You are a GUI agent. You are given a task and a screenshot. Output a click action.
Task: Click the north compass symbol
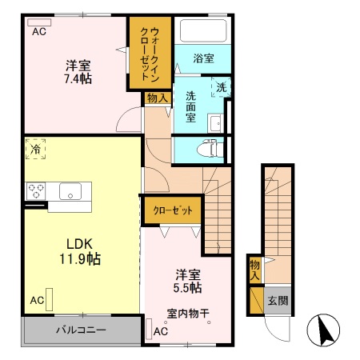point(323,330)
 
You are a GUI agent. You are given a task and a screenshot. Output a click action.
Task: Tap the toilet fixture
point(210,149)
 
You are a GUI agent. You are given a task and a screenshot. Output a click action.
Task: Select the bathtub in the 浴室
point(203,30)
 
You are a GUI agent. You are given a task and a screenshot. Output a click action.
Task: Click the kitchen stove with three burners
point(36,191)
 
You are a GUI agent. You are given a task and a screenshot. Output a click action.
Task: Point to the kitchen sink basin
point(70,191)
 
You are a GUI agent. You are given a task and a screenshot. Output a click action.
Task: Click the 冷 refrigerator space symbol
point(35,149)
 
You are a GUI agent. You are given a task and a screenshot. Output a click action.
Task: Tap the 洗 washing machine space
point(221,87)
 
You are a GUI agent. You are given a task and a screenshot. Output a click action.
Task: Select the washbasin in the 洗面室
point(215,123)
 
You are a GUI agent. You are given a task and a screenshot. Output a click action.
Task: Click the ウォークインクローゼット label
point(150,54)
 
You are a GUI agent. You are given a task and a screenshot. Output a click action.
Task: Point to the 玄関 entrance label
point(278,301)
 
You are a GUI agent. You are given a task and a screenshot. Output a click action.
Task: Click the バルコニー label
point(81,330)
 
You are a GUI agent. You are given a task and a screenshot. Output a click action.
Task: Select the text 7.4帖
point(78,79)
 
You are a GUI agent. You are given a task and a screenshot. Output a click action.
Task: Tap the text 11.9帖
point(80,258)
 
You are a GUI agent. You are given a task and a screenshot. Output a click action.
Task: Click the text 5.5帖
point(187,288)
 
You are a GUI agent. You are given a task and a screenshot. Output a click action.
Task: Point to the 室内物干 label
point(188,314)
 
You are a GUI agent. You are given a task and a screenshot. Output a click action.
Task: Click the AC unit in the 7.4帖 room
point(39,22)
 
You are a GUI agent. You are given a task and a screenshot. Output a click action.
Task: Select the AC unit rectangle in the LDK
point(49,299)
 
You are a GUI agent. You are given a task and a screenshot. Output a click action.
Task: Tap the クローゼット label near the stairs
point(173,210)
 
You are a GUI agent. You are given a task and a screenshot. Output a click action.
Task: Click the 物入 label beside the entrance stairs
point(254,270)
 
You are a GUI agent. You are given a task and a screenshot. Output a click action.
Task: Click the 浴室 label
point(203,58)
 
